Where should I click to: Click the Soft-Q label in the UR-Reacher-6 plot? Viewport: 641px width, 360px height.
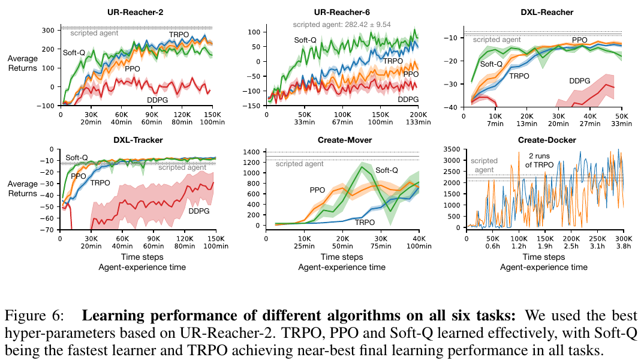pos(305,40)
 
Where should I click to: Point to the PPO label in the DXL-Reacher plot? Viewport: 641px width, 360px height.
pos(579,40)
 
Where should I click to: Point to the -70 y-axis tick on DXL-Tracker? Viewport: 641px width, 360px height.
pos(47,230)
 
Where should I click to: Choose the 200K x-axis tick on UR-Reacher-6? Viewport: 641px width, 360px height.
pos(418,114)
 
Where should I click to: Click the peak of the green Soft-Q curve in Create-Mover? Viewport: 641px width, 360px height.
pos(361,166)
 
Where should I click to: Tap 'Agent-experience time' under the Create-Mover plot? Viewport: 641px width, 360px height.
pos(341,267)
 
